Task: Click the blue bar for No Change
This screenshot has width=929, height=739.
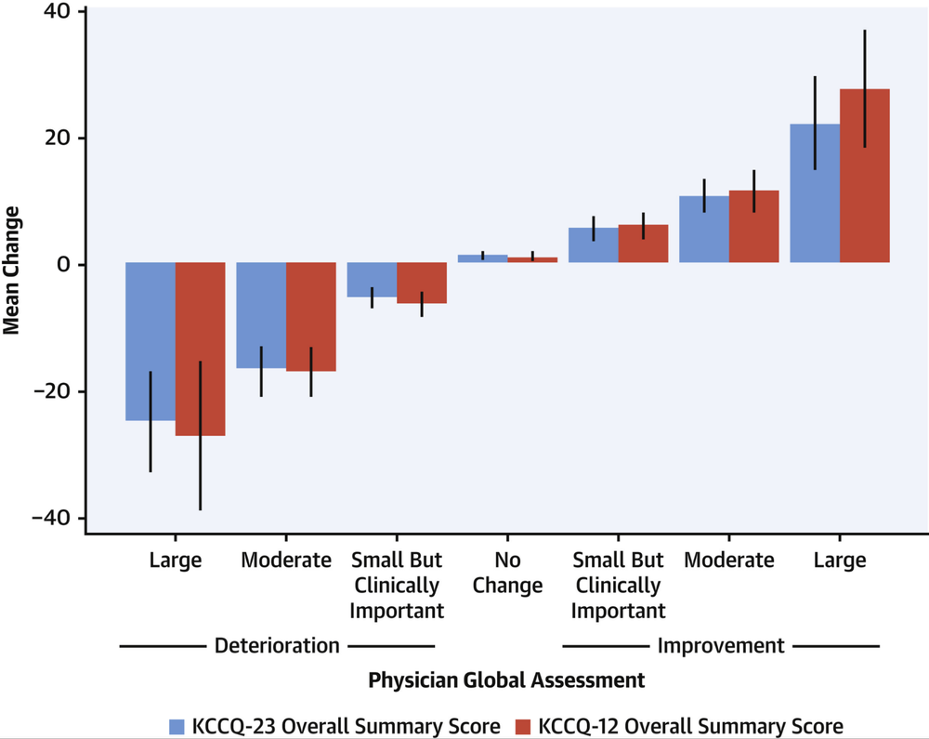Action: pos(483,258)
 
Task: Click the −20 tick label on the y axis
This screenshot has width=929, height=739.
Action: pos(52,391)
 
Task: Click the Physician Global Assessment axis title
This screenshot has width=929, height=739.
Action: pos(506,680)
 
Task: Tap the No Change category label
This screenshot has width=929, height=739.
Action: pos(507,573)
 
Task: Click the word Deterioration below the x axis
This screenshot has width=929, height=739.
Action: pos(277,645)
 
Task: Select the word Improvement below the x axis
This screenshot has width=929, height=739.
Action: pos(721,645)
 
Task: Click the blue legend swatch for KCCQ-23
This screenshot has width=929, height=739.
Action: pos(178,726)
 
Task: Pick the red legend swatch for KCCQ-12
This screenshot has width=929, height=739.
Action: pos(525,726)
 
